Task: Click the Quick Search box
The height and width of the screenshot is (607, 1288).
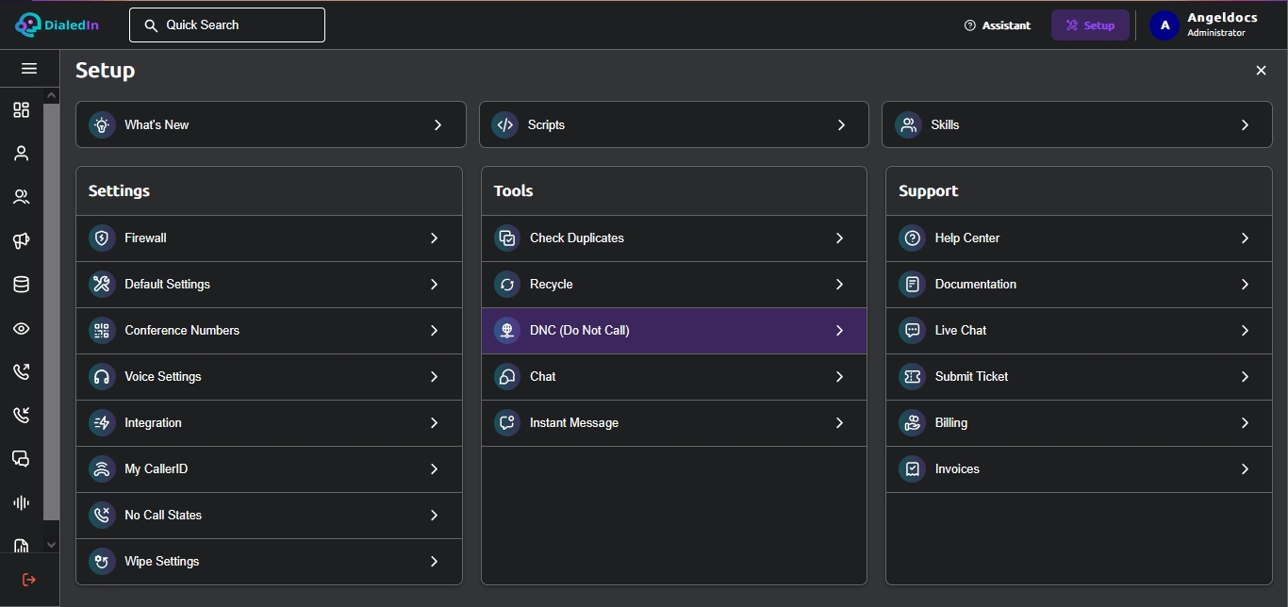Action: click(x=227, y=25)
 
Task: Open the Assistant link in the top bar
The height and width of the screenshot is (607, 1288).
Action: click(x=998, y=25)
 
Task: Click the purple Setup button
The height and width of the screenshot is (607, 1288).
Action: click(x=1090, y=25)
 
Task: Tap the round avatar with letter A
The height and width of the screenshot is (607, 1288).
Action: click(x=1164, y=25)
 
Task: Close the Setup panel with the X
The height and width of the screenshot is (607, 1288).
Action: click(x=1261, y=70)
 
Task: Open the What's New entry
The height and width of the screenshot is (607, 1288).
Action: click(x=271, y=124)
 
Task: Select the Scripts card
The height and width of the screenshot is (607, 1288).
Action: click(x=674, y=124)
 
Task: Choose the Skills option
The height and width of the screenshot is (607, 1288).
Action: click(x=1077, y=124)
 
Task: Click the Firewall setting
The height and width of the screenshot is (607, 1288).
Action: click(x=269, y=238)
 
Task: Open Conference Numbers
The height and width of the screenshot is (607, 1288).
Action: click(x=269, y=331)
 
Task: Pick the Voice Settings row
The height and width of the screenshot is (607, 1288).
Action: click(x=269, y=376)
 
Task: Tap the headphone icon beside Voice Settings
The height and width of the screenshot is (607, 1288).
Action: click(x=102, y=376)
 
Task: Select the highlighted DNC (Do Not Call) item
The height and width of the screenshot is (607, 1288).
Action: click(x=674, y=331)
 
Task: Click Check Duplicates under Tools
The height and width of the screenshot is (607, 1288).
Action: click(x=674, y=238)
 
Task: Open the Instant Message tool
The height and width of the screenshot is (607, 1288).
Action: click(x=674, y=423)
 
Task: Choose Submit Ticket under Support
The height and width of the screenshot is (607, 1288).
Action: click(x=1079, y=376)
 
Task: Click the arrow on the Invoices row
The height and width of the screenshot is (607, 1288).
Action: click(x=1245, y=469)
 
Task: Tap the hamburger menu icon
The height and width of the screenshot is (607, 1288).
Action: click(x=29, y=69)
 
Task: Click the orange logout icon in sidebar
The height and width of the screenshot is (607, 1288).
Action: click(x=28, y=580)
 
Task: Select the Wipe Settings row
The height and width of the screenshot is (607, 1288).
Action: click(x=269, y=562)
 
